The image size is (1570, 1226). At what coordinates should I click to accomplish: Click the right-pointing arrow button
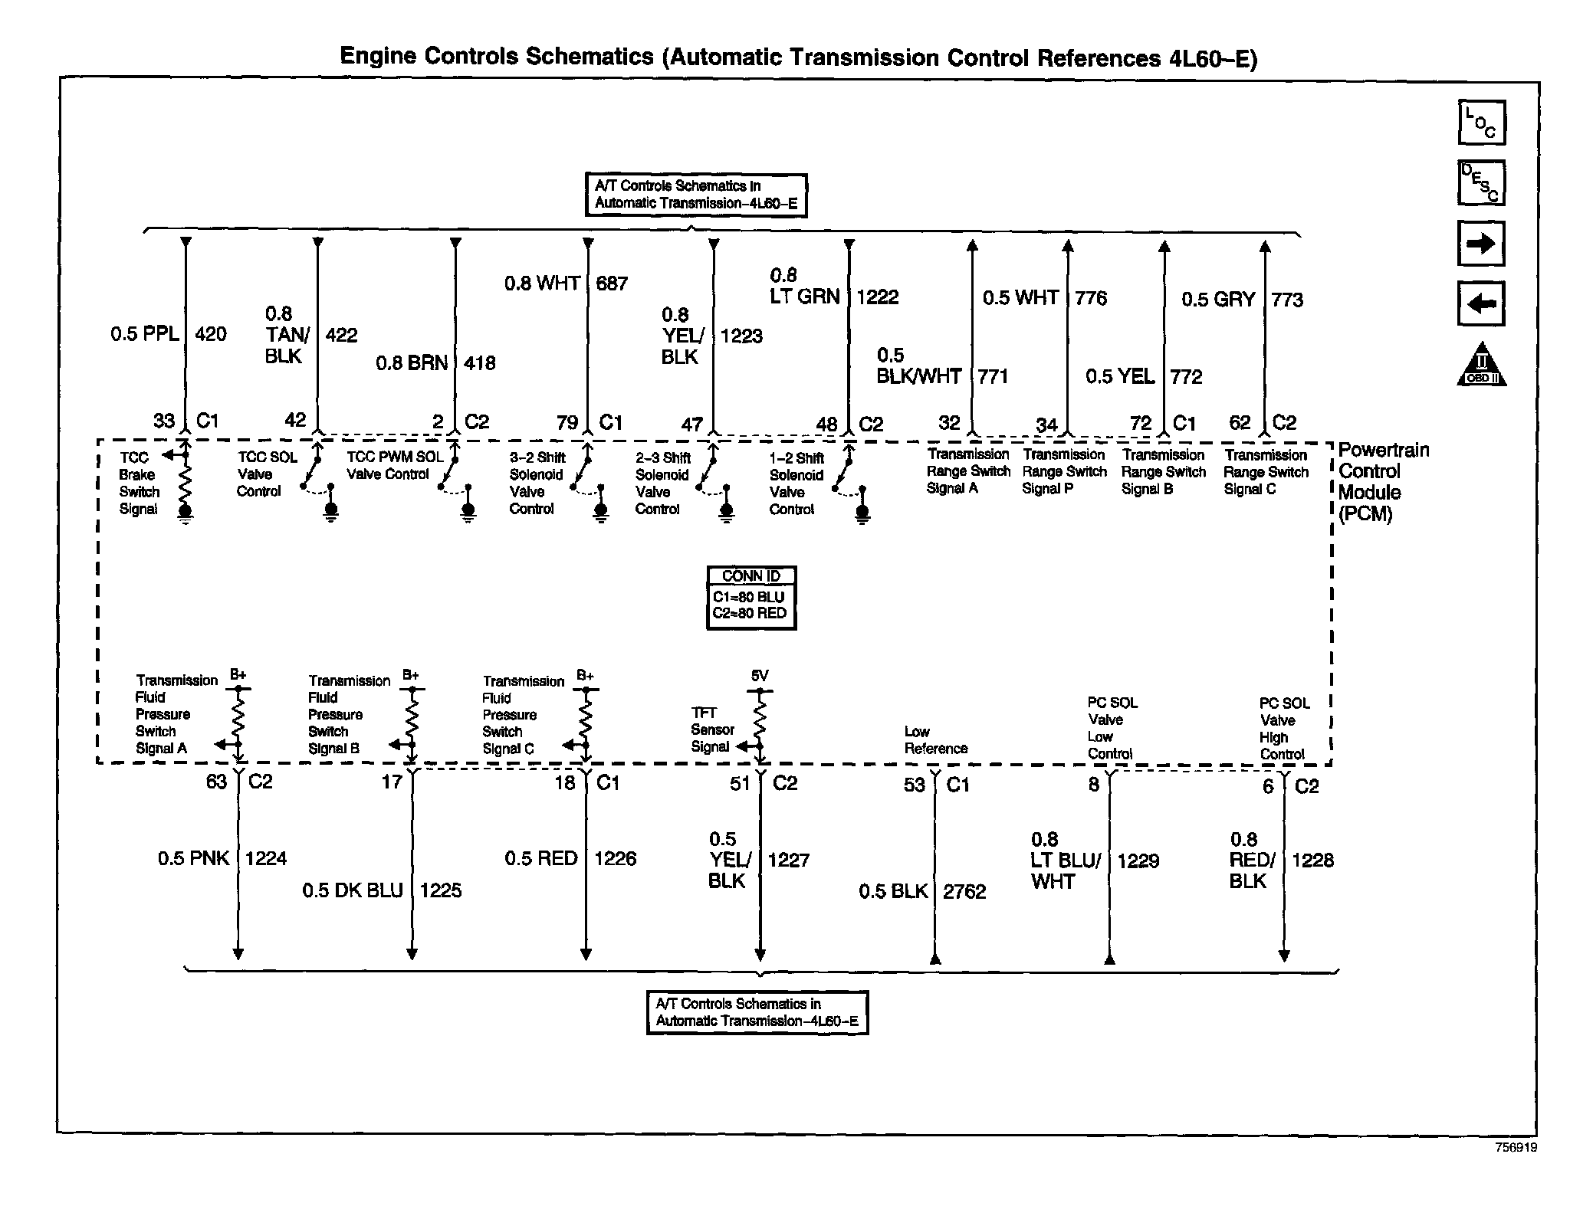(x=1480, y=244)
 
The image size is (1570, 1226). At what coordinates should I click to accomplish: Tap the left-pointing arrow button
(x=1480, y=303)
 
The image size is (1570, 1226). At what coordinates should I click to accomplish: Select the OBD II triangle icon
(x=1481, y=365)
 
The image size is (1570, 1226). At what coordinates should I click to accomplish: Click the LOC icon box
(x=1481, y=123)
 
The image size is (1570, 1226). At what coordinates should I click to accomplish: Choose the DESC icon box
(x=1481, y=182)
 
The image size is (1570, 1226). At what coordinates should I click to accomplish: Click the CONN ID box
(x=751, y=598)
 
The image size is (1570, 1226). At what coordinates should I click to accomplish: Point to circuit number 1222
(x=877, y=297)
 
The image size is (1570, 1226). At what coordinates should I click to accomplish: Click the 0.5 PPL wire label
(x=145, y=334)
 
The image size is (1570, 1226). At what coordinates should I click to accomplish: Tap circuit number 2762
(x=964, y=891)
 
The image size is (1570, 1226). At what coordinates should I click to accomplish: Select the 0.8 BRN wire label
(x=412, y=363)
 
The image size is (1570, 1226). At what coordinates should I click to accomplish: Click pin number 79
(x=567, y=423)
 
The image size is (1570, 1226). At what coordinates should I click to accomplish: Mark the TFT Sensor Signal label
(x=712, y=729)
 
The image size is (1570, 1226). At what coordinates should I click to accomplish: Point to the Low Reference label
(x=935, y=740)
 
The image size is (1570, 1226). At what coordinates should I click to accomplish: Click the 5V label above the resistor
(x=759, y=676)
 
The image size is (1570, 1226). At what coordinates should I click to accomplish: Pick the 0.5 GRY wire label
(x=1217, y=300)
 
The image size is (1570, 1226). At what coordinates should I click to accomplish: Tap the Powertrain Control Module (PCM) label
(x=1382, y=482)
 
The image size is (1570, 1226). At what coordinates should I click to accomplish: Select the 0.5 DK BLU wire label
(x=352, y=890)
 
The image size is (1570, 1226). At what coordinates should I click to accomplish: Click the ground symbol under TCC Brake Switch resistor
(x=185, y=514)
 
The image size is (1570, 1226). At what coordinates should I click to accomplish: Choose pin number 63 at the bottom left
(x=216, y=782)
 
